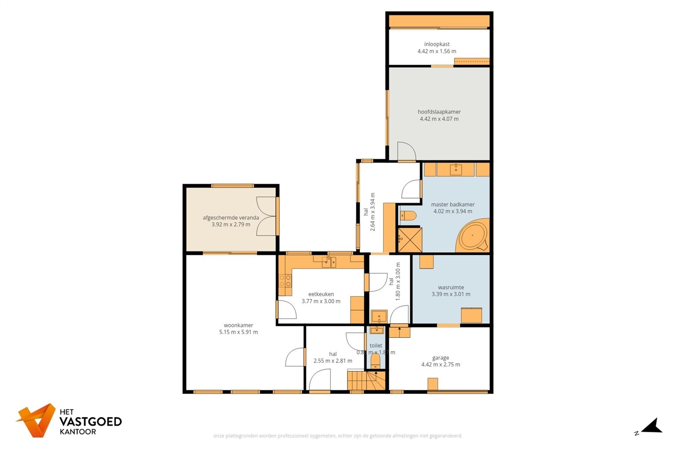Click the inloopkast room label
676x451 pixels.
coord(437,44)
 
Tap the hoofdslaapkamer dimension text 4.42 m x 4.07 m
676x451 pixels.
coord(439,119)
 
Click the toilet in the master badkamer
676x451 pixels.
coord(408,216)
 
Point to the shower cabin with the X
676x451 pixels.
coord(410,240)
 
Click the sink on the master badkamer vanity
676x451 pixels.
coord(456,169)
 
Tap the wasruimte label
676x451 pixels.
coord(451,287)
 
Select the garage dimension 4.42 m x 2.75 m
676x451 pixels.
coord(440,364)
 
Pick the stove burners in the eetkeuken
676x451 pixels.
coord(285,280)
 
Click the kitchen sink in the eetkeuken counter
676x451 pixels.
coord(329,262)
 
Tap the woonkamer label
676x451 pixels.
coord(238,325)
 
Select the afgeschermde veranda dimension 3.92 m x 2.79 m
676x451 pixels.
coord(231,224)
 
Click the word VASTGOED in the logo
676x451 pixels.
coord(90,422)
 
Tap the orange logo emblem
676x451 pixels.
coord(37,420)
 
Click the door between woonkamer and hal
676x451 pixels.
coord(295,357)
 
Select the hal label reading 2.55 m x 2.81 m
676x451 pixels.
coord(333,361)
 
